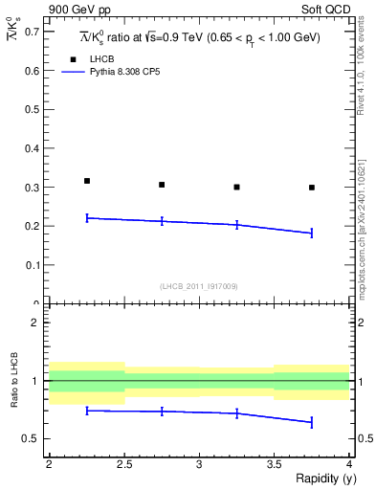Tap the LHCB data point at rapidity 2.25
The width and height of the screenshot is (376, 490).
tap(86, 181)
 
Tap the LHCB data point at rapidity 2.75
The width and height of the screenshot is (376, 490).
tap(162, 185)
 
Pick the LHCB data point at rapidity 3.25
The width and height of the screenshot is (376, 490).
tap(236, 188)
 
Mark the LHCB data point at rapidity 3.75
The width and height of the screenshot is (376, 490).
tap(312, 188)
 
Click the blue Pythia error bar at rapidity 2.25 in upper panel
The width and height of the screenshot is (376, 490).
tap(86, 218)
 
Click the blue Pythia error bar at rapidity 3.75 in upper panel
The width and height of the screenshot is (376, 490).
tap(312, 233)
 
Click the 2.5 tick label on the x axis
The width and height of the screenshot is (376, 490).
tap(123, 464)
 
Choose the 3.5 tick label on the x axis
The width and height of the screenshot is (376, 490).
tap(274, 464)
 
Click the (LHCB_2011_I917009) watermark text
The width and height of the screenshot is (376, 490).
tap(199, 286)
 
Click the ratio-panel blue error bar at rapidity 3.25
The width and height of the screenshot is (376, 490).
tap(236, 413)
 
